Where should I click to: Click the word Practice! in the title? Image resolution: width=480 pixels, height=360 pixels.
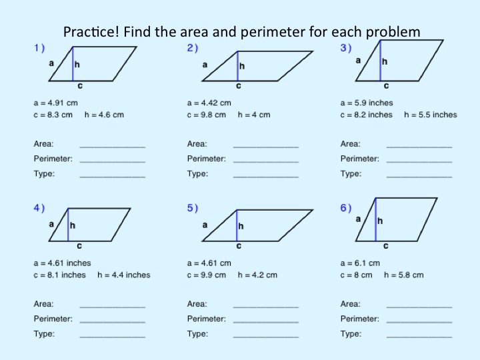pyautogui.click(x=89, y=31)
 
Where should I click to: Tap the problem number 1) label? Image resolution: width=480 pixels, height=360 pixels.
pyautogui.click(x=39, y=48)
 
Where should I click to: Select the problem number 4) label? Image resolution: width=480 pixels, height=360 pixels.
pyautogui.click(x=39, y=208)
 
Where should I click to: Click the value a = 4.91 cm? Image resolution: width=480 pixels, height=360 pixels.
pyautogui.click(x=56, y=103)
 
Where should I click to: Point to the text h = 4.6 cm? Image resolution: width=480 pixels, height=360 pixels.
pyautogui.click(x=104, y=115)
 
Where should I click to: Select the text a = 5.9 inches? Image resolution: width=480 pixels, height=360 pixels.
pyautogui.click(x=367, y=103)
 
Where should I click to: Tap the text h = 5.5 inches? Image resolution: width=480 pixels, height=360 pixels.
pyautogui.click(x=431, y=115)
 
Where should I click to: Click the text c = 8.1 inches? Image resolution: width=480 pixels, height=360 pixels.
pyautogui.click(x=60, y=275)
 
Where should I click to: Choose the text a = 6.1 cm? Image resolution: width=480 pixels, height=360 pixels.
pyautogui.click(x=360, y=263)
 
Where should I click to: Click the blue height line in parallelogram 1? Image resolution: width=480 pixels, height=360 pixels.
pyautogui.click(x=73, y=64)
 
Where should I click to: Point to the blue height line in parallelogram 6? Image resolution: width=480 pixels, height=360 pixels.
pyautogui.click(x=375, y=219)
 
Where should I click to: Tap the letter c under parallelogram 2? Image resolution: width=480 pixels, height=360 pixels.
pyautogui.click(x=238, y=86)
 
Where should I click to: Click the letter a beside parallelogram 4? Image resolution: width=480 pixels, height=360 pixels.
pyautogui.click(x=51, y=224)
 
